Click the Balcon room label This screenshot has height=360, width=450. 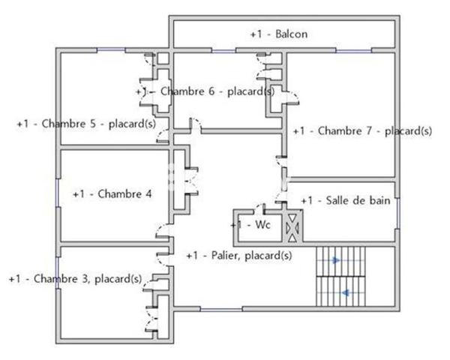(279, 34)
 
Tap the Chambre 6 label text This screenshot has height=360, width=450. (205, 91)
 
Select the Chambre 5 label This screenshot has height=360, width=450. (85, 124)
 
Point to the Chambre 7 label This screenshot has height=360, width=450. (361, 130)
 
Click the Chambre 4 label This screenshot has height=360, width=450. (112, 193)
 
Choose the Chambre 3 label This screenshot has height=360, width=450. (75, 279)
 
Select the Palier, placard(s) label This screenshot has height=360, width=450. (238, 256)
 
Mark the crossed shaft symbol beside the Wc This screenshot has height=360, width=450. (292, 226)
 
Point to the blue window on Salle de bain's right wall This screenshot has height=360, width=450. (397, 212)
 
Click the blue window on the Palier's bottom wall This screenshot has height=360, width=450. (221, 309)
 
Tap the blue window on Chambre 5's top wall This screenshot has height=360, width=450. (111, 50)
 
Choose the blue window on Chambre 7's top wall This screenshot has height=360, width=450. (352, 50)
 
